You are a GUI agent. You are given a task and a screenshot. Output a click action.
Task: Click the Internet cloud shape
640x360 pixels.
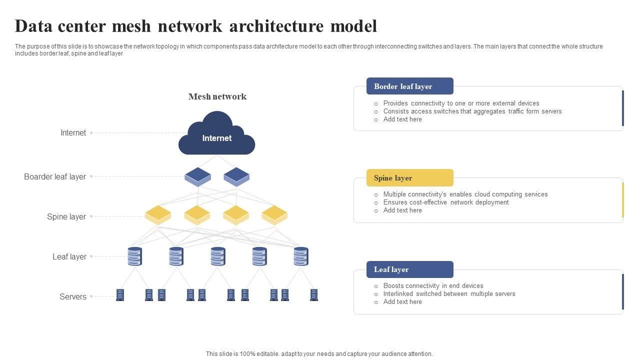coord(217,135)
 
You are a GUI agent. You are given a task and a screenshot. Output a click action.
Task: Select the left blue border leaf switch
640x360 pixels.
coord(197,176)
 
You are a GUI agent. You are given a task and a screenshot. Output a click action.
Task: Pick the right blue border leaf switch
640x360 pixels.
coord(236,176)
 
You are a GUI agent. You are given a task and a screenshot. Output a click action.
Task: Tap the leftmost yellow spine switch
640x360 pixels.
coord(158,214)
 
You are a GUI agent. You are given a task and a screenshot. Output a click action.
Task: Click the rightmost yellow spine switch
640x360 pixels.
coord(274,214)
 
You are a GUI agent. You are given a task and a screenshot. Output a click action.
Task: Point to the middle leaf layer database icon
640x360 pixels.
coord(218,256)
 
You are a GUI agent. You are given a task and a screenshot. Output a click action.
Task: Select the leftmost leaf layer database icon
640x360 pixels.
coord(135,256)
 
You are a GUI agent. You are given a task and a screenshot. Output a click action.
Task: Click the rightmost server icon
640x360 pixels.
coord(314,295)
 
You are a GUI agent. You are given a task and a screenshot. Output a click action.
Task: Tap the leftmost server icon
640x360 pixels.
coord(120,295)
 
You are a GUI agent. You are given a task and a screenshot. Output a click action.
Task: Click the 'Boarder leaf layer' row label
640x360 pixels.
coord(55,176)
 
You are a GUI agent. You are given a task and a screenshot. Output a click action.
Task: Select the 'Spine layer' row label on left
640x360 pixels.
coord(66,216)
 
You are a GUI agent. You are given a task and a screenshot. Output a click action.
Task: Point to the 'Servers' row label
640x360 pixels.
coord(73,296)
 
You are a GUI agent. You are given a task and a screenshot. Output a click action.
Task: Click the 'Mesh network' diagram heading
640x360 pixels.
coord(217,96)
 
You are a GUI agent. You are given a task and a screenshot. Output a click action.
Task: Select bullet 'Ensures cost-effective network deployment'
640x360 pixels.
coord(446,202)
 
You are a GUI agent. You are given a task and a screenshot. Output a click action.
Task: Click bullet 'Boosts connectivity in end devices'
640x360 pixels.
coord(433,286)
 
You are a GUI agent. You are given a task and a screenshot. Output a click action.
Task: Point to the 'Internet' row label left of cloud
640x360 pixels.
coord(73,132)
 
